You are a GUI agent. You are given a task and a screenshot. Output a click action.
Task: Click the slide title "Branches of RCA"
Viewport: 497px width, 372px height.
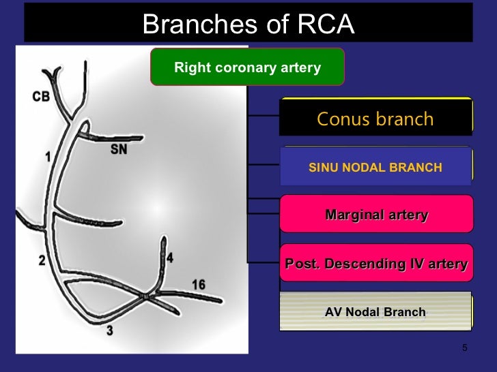tap(248, 25)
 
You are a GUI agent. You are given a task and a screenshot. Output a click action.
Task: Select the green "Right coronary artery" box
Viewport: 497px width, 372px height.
tap(247, 67)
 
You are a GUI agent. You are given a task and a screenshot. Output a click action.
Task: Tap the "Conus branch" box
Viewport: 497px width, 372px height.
tap(375, 119)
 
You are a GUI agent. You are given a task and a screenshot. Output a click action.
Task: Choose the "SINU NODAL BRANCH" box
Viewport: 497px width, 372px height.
tap(375, 167)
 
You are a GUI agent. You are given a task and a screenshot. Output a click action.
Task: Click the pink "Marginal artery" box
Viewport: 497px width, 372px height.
tap(376, 215)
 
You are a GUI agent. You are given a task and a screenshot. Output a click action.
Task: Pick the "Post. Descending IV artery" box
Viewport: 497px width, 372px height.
tap(376, 264)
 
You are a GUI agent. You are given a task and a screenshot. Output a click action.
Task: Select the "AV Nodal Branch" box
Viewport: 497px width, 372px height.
tap(375, 312)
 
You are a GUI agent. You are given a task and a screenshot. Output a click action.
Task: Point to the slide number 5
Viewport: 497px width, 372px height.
tap(465, 349)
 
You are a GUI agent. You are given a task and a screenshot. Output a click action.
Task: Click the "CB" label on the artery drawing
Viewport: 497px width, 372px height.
tap(41, 97)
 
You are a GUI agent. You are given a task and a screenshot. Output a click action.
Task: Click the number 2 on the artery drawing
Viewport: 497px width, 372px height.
tap(42, 260)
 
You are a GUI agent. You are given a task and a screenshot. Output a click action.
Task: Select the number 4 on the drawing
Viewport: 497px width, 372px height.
tap(170, 258)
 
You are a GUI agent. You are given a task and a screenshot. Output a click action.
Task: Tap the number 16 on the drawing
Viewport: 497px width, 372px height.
tap(198, 284)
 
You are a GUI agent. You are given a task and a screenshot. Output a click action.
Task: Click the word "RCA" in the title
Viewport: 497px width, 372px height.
tap(323, 25)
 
